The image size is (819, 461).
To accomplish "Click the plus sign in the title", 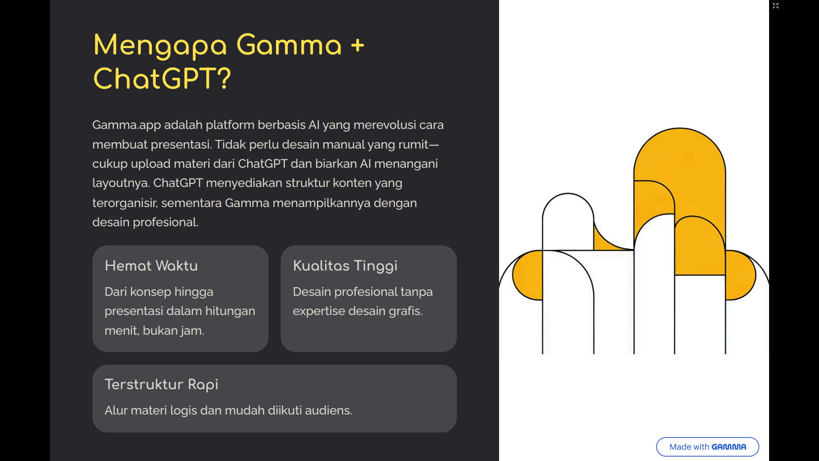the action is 357,45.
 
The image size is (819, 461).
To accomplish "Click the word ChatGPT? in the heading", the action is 162,79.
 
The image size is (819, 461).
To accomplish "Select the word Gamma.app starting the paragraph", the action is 127,125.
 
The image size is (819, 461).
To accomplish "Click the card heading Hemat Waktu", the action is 151,266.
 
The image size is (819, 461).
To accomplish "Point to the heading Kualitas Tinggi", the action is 345,266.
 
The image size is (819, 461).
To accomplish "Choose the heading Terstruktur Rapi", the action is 161,385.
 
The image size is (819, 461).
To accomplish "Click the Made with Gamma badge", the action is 707,446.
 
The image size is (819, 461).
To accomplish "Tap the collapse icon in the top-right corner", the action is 775,6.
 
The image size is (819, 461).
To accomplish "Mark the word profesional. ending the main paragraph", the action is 166,222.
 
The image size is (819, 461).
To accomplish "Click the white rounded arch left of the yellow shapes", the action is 568,222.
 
